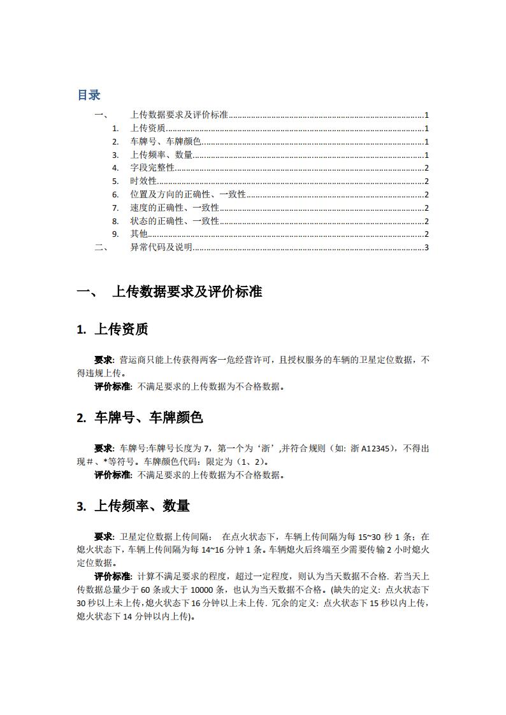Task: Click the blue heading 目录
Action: tap(89, 95)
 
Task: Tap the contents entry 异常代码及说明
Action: tap(161, 248)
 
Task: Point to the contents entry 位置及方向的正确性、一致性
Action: tap(187, 195)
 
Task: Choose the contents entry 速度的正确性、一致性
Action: tap(174, 208)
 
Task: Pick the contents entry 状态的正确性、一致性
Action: tap(174, 221)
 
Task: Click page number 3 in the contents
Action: tap(426, 248)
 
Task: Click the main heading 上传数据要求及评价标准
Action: tap(187, 292)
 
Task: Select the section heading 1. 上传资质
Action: tap(112, 330)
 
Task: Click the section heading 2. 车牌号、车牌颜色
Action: tap(140, 418)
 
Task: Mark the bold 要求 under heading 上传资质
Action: tap(104, 360)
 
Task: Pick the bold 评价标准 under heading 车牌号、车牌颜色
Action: tap(113, 474)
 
